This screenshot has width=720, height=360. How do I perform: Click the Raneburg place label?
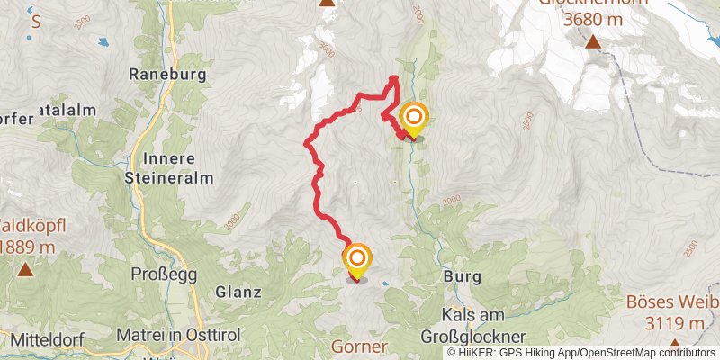coord(168,74)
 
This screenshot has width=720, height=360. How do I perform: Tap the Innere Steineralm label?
coord(169,167)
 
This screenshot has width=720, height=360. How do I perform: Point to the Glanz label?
coord(238,292)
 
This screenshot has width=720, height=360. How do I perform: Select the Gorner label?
coord(359,346)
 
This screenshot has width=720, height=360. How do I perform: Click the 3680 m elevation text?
coord(594,18)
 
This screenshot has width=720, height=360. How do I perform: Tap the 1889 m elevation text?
coord(27,247)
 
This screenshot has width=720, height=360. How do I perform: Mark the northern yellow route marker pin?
coord(413,119)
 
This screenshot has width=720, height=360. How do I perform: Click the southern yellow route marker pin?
coord(357,260)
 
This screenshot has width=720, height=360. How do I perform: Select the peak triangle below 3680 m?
coord(593,41)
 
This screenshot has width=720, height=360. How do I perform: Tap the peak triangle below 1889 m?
coord(25,268)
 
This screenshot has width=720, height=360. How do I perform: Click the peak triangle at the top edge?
coord(327,3)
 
